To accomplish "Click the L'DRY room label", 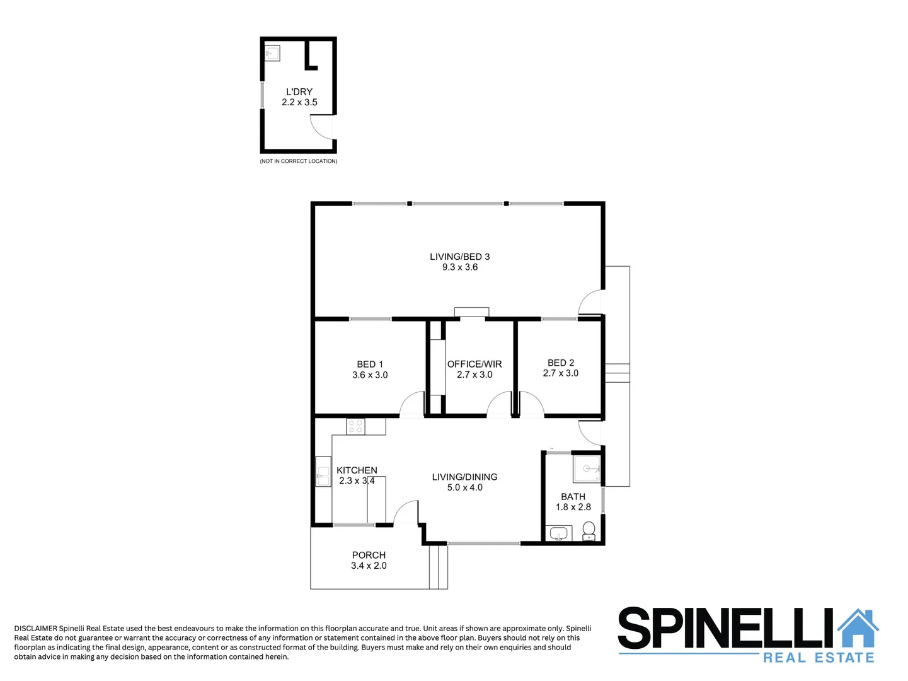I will (299, 92).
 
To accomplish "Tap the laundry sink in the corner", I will (272, 53).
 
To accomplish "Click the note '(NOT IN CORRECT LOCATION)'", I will (299, 161).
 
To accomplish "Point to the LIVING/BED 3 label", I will (459, 257).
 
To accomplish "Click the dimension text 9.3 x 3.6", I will (459, 267).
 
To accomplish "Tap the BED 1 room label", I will (370, 364).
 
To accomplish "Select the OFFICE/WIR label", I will (474, 364).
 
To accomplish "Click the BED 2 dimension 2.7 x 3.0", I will (560, 373).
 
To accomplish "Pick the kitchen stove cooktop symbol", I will (356, 427).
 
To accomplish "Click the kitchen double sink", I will (323, 472).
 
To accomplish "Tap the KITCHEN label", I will (357, 470).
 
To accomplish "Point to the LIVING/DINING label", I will (464, 477).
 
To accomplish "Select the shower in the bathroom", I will (587, 469).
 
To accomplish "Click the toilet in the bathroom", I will (589, 532).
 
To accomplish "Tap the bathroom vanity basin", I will (559, 534).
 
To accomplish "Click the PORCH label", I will (369, 556).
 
